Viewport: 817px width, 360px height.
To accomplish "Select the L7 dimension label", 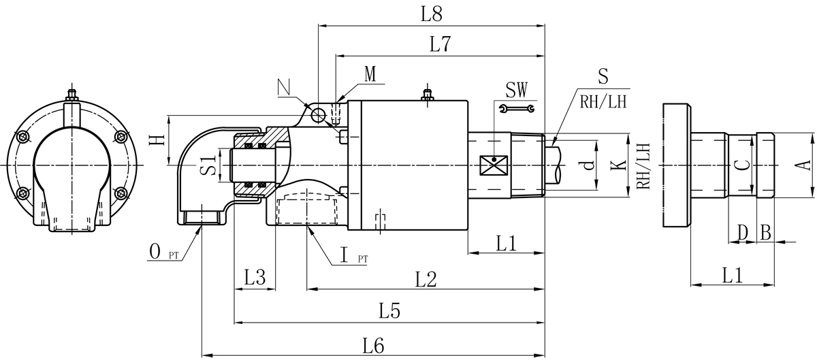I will coord(440,45).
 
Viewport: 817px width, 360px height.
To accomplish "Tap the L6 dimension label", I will coord(372,346).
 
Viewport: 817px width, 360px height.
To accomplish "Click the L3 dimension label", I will coord(255,278).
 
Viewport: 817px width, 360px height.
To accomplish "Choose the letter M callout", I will coord(370,74).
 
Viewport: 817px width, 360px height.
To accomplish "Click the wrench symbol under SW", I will coord(517,108).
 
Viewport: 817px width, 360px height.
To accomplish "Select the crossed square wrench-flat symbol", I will coord(490,165).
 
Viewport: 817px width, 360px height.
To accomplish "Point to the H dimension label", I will coord(157,140).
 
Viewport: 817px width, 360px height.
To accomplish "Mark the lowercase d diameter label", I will coord(589,165).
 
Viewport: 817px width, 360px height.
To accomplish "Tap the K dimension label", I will coord(618,165).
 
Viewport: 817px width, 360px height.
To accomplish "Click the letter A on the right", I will coord(803,165).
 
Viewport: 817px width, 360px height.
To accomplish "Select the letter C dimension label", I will coord(743,165).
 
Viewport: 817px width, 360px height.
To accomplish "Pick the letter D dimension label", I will coord(742,233).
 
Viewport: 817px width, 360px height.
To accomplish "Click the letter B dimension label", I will coord(765,233).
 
